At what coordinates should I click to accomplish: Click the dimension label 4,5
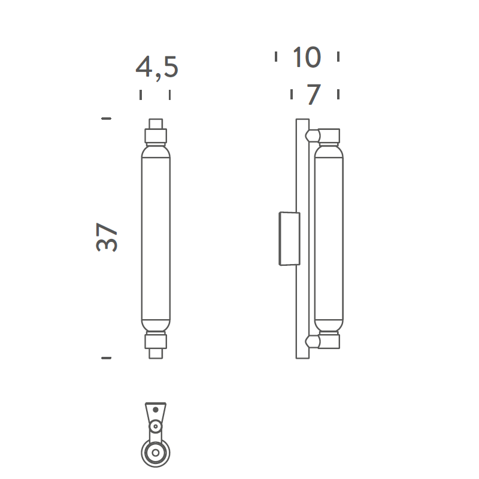pos(157,68)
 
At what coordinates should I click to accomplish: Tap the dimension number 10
pos(307,57)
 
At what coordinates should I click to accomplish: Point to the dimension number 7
pos(314,95)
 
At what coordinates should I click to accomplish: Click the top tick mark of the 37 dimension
pos(107,119)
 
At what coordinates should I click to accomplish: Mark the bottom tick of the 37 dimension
pos(107,357)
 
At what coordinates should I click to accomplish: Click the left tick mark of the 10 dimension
pos(276,57)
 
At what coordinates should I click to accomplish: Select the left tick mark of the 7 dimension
pos(292,95)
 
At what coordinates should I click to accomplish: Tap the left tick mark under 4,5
pos(141,95)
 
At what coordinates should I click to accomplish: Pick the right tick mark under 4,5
pos(169,95)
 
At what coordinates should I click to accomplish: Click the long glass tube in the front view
pos(156,238)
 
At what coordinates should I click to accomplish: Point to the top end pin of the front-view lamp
pos(156,123)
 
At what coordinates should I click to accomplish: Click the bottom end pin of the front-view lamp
pos(156,353)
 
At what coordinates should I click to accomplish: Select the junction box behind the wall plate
pos(289,238)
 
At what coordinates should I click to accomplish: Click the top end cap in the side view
pos(329,136)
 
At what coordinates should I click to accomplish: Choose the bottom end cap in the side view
pos(329,341)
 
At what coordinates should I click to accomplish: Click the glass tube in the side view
pos(329,238)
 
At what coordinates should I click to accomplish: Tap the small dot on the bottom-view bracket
pos(156,410)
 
